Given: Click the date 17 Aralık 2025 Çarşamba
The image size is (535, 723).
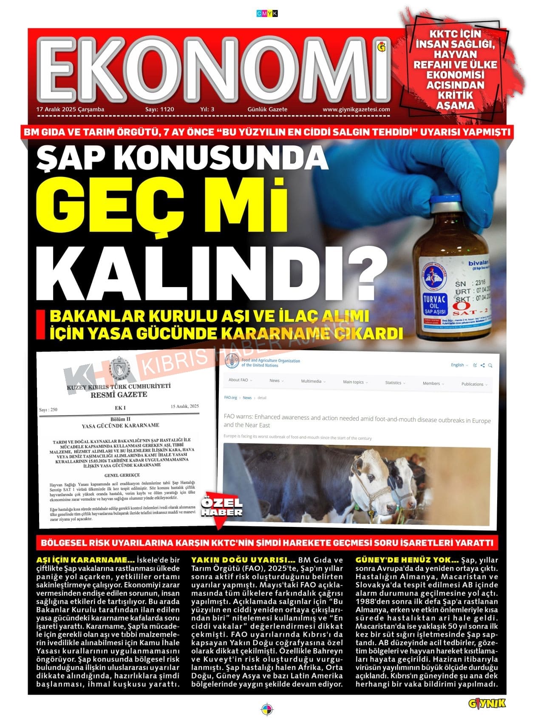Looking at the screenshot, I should click(70, 109).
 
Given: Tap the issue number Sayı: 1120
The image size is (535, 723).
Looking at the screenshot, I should click(159, 109).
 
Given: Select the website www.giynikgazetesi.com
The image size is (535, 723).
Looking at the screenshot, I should click(356, 109).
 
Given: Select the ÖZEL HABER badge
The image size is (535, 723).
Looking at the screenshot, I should click(221, 508).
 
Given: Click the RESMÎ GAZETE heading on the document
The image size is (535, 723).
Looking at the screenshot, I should click(119, 394).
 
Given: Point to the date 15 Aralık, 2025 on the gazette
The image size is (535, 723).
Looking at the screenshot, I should click(184, 406).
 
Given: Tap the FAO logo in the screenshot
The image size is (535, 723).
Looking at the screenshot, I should click(232, 361).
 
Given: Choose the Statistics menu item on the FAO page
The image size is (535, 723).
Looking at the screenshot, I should click(393, 383).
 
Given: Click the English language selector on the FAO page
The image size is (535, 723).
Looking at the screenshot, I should click(458, 365).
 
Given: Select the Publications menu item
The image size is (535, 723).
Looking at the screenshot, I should click(473, 384).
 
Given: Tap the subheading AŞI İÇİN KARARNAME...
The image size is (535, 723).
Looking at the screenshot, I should click(85, 560).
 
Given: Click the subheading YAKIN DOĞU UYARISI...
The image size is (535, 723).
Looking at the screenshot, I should click(243, 560).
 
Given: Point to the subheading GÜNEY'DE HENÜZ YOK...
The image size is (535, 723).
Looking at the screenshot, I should click(407, 560).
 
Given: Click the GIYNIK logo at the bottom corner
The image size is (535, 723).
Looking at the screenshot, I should click(487, 703).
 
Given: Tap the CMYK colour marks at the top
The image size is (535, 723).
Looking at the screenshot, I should click(267, 14).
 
